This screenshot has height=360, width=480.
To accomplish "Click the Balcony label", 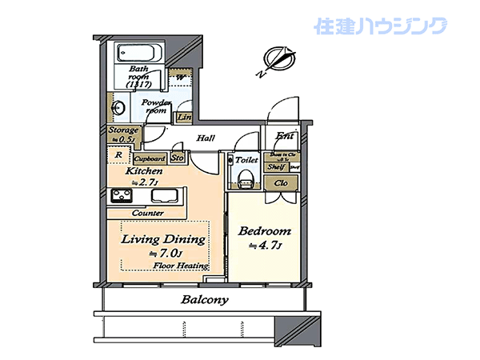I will pyautogui.click(x=205, y=301).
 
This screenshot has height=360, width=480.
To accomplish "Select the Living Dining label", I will pyautogui.click(x=163, y=239).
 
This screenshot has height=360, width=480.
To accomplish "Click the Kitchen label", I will pyautogui.click(x=144, y=171).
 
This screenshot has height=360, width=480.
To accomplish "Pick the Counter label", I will pyautogui.click(x=149, y=213).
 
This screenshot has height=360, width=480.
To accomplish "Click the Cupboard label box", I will pyautogui.click(x=149, y=159).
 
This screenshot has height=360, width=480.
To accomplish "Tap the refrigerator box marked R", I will pyautogui.click(x=118, y=156).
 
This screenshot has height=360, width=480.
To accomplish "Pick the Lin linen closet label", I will pyautogui.click(x=184, y=118).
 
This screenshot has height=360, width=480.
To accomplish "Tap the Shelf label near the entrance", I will pyautogui.click(x=278, y=166).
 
